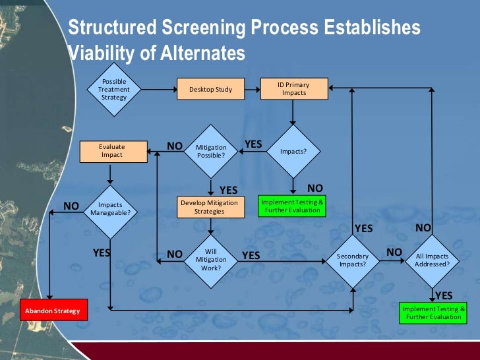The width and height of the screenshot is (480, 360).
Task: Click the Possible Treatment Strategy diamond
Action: pyautogui.click(x=113, y=89)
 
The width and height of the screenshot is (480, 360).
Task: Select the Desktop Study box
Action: pyautogui.click(x=210, y=89)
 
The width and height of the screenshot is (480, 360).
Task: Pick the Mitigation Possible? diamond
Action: pyautogui.click(x=211, y=152)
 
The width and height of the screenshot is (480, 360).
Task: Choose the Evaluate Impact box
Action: pyautogui.click(x=111, y=152)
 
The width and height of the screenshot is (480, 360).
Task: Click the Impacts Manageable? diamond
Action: pyautogui.click(x=109, y=209)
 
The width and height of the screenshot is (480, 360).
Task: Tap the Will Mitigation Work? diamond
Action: pyautogui.click(x=211, y=259)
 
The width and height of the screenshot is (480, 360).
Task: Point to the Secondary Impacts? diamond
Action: pyautogui.click(x=353, y=260)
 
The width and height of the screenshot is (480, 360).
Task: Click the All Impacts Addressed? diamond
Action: pyautogui.click(x=432, y=260)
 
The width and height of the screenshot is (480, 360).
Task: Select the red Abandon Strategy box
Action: pyautogui.click(x=52, y=311)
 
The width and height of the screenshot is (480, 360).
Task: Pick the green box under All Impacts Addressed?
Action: pyautogui.click(x=433, y=313)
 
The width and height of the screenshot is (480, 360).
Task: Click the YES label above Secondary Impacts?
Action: pyautogui.click(x=364, y=229)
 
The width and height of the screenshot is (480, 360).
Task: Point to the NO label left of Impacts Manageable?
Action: pyautogui.click(x=71, y=206)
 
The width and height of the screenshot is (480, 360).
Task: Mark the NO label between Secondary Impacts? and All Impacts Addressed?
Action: pyautogui.click(x=394, y=252)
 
